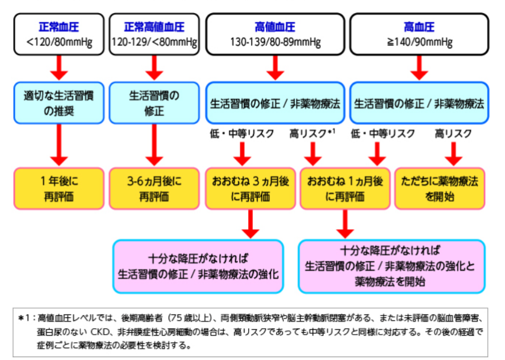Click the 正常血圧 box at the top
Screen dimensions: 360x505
click(59, 34)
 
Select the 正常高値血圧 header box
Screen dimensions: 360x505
click(154, 34)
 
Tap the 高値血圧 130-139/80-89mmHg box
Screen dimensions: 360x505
click(275, 34)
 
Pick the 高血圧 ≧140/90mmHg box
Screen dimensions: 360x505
click(419, 34)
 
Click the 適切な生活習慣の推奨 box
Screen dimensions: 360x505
click(59, 102)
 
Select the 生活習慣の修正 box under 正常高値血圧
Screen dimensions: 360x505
click(154, 102)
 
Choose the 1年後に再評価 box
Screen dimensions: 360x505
click(59, 188)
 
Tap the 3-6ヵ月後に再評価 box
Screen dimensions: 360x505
click(154, 188)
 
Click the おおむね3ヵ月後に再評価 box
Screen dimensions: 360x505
click(249, 188)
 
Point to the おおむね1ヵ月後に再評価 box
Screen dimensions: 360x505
click(345, 188)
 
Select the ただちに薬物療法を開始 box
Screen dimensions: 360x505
click(441, 188)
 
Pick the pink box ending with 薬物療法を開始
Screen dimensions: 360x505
click(394, 266)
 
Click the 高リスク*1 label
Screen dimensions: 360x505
click(313, 134)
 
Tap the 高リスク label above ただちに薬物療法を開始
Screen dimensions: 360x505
click(453, 134)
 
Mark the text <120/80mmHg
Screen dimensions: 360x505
click(59, 42)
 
